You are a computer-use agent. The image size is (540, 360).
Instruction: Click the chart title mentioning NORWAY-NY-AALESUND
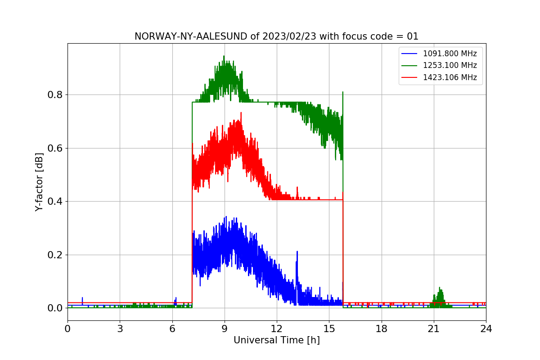276,36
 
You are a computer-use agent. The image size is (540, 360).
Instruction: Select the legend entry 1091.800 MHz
450,54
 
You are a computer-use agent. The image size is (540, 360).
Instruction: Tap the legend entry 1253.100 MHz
450,65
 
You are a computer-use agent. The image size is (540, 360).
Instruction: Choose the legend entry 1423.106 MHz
450,77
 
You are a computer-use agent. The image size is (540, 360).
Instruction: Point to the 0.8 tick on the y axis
55,95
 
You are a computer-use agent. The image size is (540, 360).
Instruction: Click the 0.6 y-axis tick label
55,148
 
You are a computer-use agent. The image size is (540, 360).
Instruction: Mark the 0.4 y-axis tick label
55,202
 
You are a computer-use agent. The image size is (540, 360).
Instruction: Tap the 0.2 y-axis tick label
55,255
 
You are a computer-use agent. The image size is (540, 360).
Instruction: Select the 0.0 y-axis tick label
55,308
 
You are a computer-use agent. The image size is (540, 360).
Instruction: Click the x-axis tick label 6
172,329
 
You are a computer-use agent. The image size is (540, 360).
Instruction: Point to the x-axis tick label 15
329,329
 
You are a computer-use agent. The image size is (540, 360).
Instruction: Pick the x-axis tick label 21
433,329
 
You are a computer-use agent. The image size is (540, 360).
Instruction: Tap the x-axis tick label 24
486,329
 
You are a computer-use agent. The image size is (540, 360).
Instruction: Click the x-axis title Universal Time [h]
276,341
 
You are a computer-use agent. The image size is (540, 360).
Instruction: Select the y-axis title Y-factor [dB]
40,182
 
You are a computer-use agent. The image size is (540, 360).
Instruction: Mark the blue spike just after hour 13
297,252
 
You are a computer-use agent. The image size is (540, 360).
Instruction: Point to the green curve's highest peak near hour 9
224,57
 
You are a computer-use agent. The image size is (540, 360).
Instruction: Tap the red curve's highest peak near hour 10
241,113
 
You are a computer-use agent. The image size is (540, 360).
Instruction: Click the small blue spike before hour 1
82,298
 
